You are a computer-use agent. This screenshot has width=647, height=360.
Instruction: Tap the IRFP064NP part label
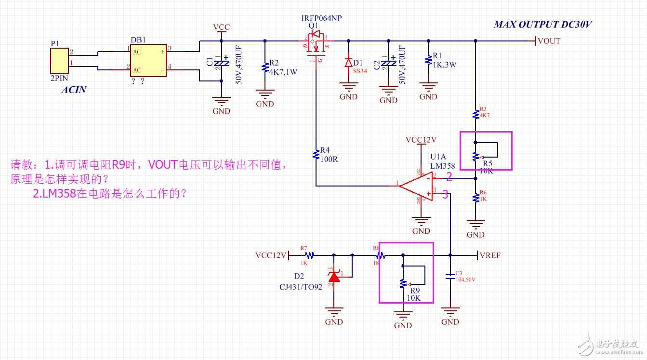point(321,18)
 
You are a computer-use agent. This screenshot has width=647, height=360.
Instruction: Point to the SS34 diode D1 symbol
point(348,63)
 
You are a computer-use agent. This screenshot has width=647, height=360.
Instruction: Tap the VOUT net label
point(549,41)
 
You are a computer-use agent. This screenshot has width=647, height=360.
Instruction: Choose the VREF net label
point(490,255)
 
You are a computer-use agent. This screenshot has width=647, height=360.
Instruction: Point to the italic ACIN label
point(73,90)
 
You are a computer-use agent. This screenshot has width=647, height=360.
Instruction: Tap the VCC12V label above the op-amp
point(421,140)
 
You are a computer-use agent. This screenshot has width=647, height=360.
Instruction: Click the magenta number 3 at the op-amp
point(445,194)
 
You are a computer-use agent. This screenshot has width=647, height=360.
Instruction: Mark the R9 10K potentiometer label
point(414,294)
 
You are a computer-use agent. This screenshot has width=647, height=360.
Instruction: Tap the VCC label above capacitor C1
point(221,27)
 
